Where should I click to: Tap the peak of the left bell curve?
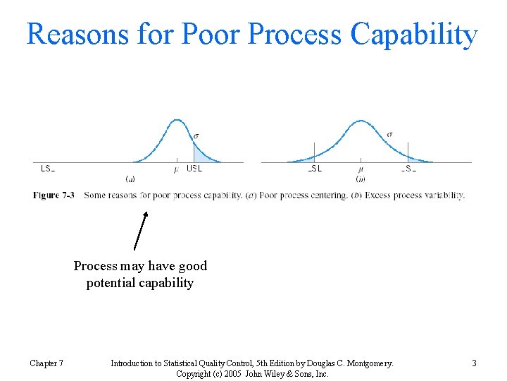tap(177, 121)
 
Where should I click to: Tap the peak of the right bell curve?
tap(361, 121)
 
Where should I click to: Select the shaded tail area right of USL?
tap(200, 155)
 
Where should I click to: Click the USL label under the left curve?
tap(194, 169)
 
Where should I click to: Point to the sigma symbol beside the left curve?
tap(196, 133)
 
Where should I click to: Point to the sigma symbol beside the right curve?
tap(390, 133)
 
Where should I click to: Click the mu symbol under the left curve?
tap(176, 169)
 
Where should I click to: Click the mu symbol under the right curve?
tap(361, 169)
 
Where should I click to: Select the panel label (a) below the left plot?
tap(130, 179)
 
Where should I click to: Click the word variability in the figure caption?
tap(444, 195)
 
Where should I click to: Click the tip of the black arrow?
tap(146, 212)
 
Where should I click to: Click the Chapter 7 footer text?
tap(46, 363)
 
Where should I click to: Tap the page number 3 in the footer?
tap(474, 363)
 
